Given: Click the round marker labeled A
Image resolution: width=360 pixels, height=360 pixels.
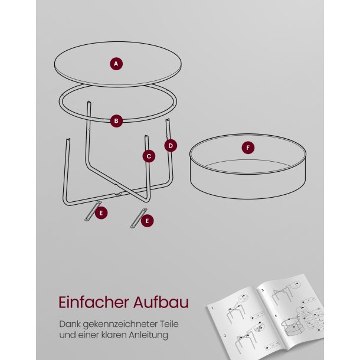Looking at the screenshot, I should pyautogui.click(x=116, y=64).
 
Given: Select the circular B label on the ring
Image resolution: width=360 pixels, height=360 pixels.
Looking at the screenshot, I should pyautogui.click(x=116, y=121).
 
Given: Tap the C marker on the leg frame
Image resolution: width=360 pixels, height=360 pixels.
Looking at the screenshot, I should pyautogui.click(x=149, y=156).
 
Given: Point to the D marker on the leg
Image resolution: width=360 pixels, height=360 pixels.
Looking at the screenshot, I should pyautogui.click(x=171, y=145).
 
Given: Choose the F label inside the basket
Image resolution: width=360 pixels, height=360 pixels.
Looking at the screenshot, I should pyautogui.click(x=248, y=148).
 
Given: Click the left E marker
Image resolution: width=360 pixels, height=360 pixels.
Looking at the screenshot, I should pyautogui.click(x=102, y=212).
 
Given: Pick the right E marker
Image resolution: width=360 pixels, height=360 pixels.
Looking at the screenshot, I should pyautogui.click(x=148, y=221).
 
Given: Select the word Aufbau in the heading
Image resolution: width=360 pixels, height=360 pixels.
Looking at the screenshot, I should pyautogui.click(x=160, y=302).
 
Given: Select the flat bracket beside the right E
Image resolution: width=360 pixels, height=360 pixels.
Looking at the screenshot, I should pyautogui.click(x=136, y=218).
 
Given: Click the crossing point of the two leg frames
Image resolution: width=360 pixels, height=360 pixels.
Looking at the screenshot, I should pyautogui.click(x=121, y=193).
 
